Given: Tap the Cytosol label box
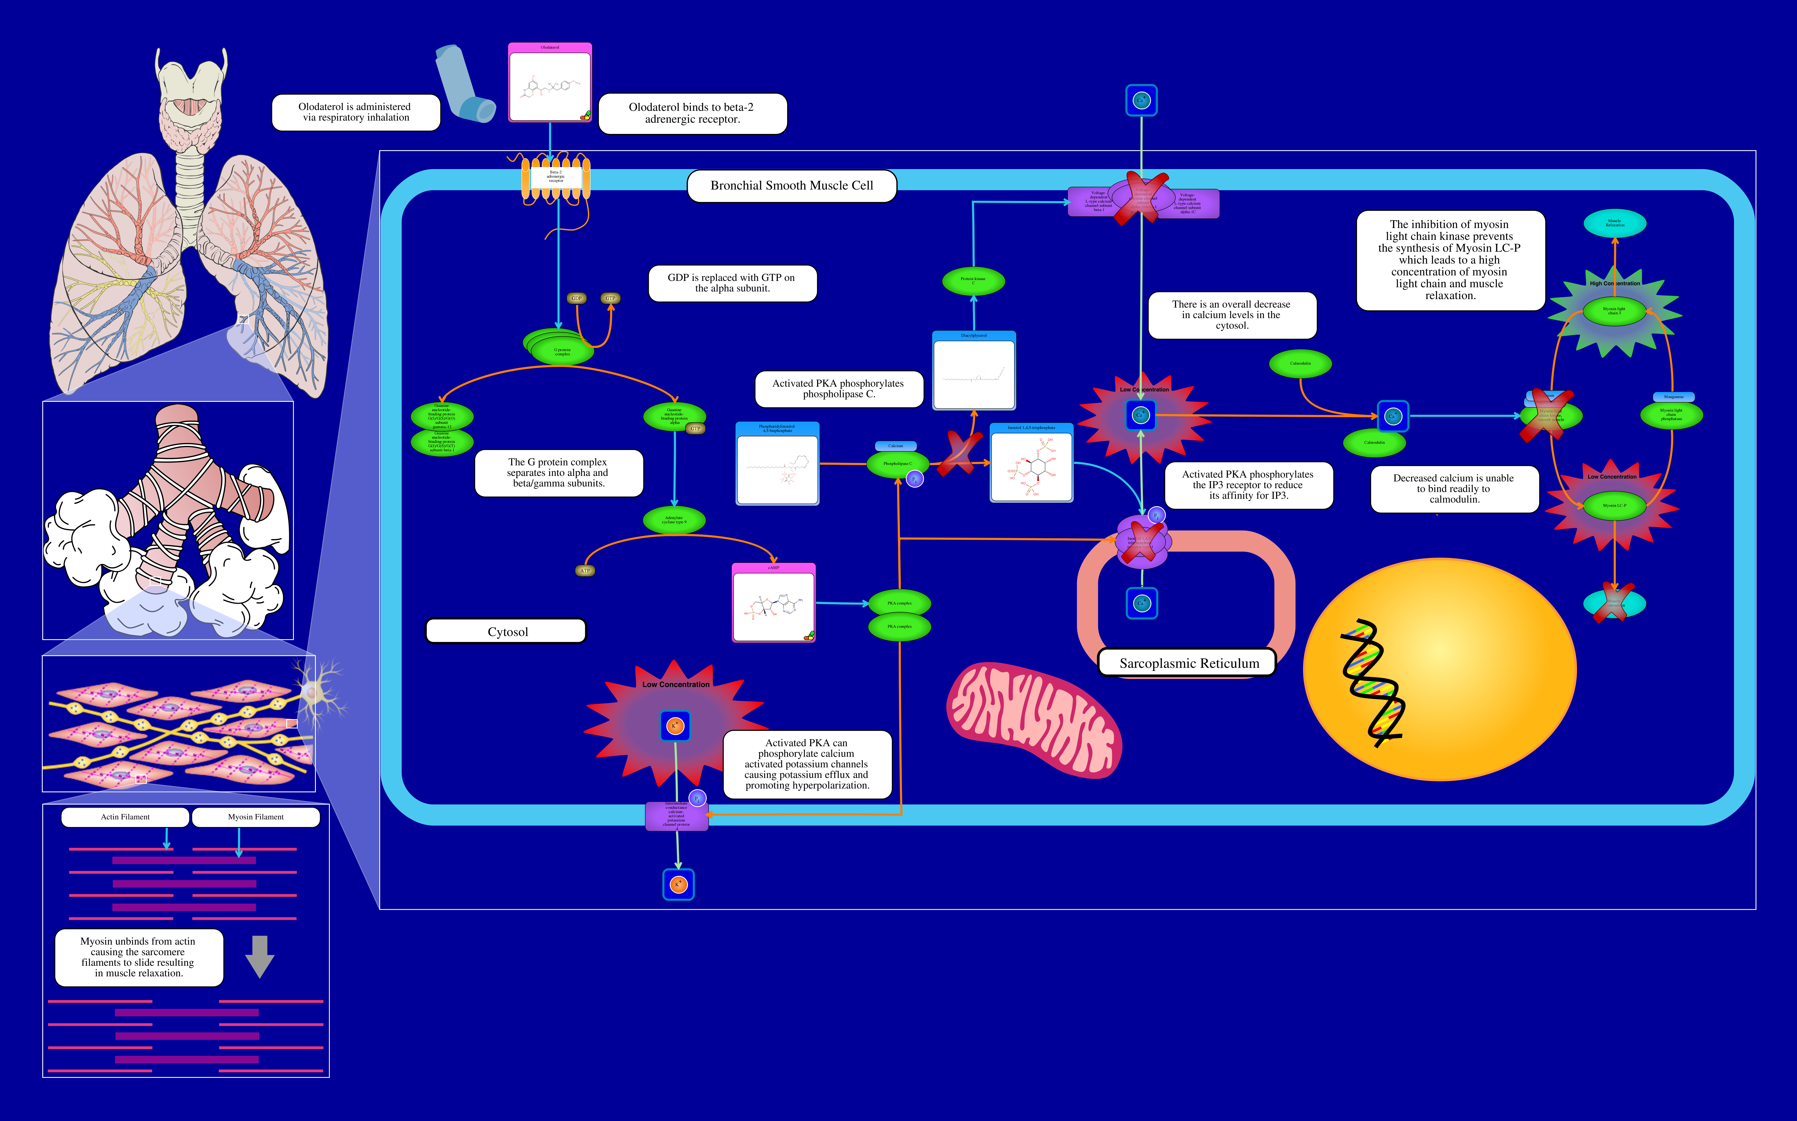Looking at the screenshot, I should coord(507,632).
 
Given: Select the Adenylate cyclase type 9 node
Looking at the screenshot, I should coord(674,520).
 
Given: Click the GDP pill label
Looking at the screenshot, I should coord(577,298).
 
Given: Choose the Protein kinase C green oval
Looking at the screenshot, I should coord(973,281).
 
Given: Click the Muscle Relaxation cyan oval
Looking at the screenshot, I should coord(1615,223).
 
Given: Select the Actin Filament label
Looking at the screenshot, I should coord(125,817).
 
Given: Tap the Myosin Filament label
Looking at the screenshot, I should coord(256,817).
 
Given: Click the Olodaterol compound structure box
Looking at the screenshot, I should coord(550,83).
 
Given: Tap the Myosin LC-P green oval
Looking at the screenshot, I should coord(1614,506).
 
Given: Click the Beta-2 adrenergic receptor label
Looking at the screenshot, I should coord(556,176).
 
